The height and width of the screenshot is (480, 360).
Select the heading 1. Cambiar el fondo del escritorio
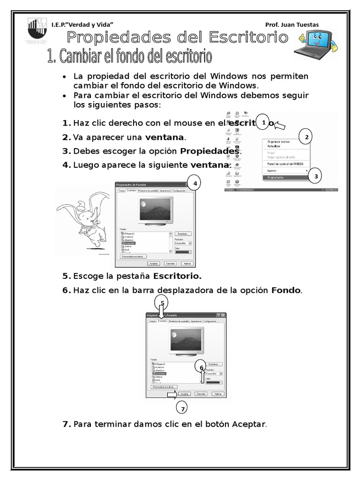coord(129,57)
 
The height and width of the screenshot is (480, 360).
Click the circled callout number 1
coord(263,123)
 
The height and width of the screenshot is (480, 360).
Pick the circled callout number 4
coord(194,184)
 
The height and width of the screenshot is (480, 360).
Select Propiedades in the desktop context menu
coord(277,178)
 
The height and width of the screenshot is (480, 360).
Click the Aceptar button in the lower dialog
coord(185,394)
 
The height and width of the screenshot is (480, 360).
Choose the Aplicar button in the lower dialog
coord(217,394)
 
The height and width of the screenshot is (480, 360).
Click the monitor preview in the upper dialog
coord(157,209)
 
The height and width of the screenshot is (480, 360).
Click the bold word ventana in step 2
coord(165,137)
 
